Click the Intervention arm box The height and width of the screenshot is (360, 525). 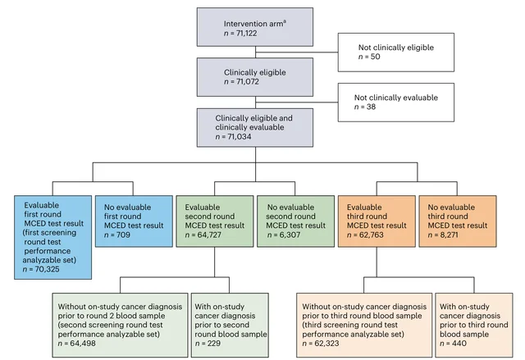point(255,27)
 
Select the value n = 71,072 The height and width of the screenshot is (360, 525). point(241,82)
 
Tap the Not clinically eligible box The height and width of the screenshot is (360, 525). point(396,52)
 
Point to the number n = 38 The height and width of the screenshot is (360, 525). point(365,107)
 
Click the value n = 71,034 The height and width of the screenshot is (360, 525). point(233,136)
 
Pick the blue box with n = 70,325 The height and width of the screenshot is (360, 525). point(52,237)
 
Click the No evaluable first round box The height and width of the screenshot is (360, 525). point(134,221)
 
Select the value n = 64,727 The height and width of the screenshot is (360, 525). point(203,235)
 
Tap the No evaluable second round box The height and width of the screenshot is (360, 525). point(295,221)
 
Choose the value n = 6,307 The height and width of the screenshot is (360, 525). point(284,235)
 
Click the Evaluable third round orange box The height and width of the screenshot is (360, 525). point(377,221)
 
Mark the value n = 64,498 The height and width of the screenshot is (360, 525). point(76,344)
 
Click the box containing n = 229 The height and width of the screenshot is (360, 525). point(230,325)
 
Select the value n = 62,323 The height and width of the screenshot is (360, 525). point(321,344)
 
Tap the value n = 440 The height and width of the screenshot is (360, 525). point(453,344)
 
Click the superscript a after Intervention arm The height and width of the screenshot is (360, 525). point(285,22)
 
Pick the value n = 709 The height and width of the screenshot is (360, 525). point(116,235)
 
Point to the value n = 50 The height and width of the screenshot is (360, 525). point(369,57)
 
